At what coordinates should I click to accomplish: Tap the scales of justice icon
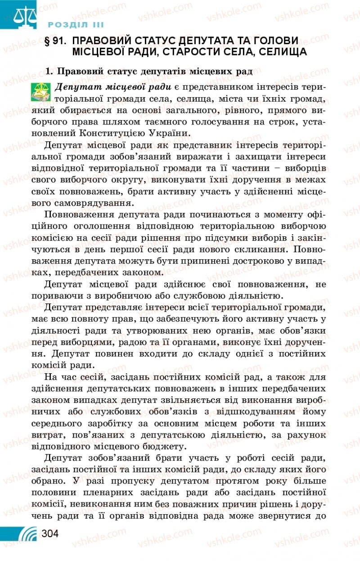[x=18, y=15]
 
